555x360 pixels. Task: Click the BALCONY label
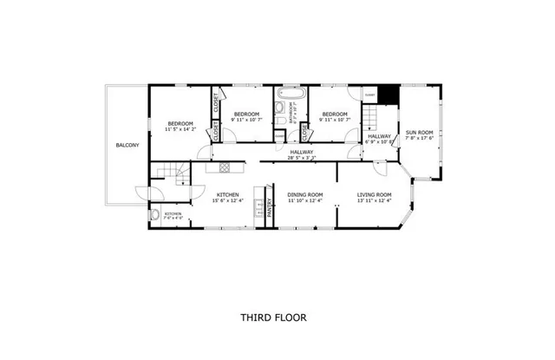127,145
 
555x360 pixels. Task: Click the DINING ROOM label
305,194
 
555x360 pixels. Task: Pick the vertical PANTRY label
269,207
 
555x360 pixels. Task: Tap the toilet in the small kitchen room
154,216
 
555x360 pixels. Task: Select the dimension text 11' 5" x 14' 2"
181,129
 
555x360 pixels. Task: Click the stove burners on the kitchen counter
258,208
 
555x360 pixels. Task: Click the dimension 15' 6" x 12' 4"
228,200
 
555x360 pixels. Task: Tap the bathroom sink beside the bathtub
280,110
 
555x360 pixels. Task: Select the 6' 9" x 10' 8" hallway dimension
380,142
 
